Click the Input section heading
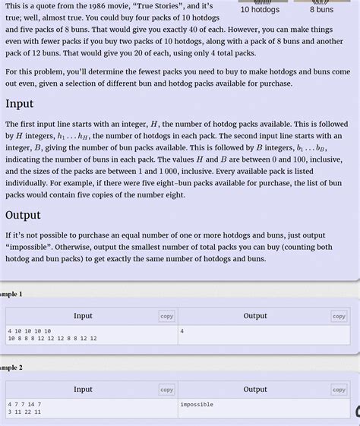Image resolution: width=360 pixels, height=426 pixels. (x=19, y=103)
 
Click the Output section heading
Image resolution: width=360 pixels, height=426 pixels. (x=23, y=215)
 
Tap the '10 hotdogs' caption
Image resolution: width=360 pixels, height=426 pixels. (x=260, y=10)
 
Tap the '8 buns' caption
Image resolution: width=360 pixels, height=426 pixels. (x=321, y=10)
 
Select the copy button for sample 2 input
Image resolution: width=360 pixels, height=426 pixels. (x=166, y=390)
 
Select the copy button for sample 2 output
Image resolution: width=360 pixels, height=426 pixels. (x=339, y=390)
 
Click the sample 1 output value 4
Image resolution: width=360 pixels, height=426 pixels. (x=182, y=331)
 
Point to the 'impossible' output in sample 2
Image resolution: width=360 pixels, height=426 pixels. (x=197, y=405)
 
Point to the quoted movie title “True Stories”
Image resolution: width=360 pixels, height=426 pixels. (x=157, y=5)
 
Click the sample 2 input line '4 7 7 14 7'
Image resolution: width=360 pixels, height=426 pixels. (x=24, y=405)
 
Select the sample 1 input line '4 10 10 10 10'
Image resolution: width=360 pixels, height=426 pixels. (x=30, y=331)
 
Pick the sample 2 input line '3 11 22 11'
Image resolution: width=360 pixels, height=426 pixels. (x=24, y=412)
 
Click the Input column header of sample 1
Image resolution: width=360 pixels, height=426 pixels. (x=83, y=316)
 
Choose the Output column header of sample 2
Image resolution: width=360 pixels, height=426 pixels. (x=255, y=390)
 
